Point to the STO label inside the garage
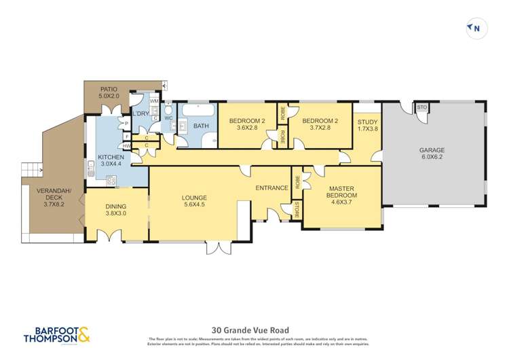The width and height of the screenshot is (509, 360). [x=421, y=108]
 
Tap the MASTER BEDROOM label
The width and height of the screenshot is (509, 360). [x=343, y=192]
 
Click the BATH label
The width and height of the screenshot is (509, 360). [x=201, y=126]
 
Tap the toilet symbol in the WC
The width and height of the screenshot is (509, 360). [x=169, y=111]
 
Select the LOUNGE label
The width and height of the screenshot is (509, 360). [x=193, y=199]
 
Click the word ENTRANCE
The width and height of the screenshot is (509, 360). [x=272, y=188]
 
